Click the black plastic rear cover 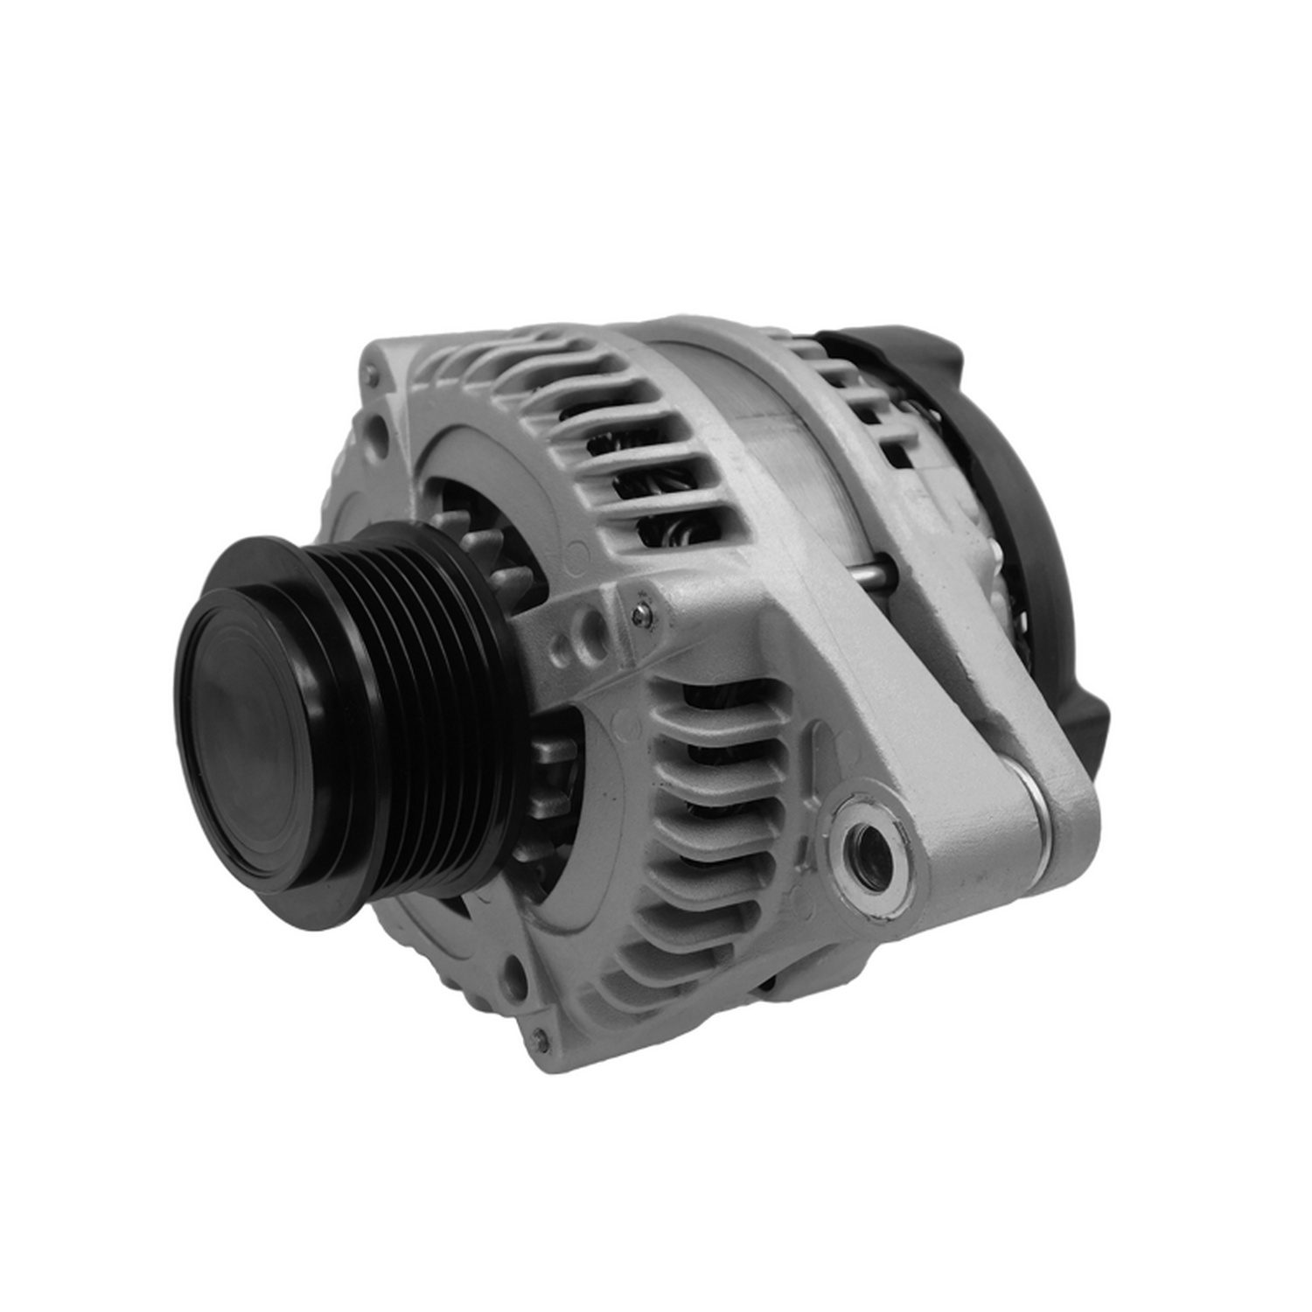pyautogui.click(x=1032, y=490)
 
